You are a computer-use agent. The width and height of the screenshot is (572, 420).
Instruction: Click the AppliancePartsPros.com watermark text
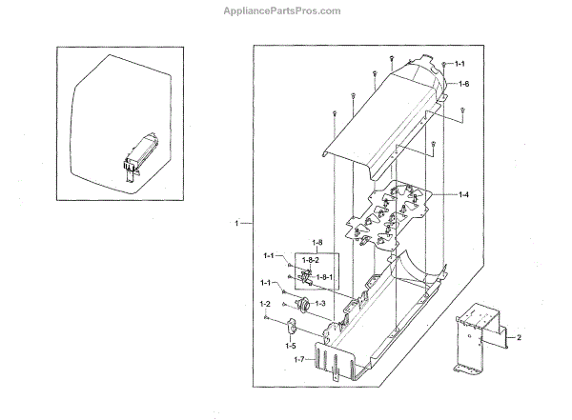point(285,10)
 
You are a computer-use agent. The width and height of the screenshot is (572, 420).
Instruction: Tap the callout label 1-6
point(463,85)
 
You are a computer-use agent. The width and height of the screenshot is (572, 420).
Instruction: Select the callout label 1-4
point(463,195)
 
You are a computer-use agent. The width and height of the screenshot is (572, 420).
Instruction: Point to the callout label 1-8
point(317,243)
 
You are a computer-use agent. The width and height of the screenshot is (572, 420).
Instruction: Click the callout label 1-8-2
point(310,260)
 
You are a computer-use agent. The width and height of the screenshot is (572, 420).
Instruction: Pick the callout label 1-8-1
point(324,277)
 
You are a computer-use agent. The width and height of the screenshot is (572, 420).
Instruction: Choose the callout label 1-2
point(265,303)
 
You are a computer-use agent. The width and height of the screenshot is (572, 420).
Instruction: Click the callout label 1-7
point(299,359)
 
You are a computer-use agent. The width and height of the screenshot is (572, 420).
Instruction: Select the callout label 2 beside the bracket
point(520,338)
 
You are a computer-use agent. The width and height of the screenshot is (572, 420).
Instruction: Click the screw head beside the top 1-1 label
point(444,63)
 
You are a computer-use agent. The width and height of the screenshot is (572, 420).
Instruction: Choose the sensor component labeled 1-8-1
point(307,278)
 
